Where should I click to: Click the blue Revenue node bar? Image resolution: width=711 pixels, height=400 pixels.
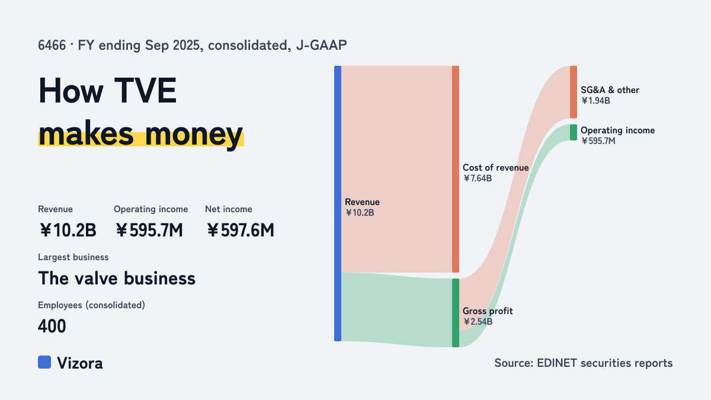pyautogui.click(x=338, y=203)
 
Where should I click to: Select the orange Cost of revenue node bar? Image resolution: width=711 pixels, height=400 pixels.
pyautogui.click(x=456, y=169)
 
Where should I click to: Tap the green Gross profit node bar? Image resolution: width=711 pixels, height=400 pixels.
pyautogui.click(x=456, y=313)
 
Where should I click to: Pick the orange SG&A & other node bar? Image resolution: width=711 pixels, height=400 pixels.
pyautogui.click(x=574, y=92)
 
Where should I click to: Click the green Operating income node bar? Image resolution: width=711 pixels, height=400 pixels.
pyautogui.click(x=574, y=132)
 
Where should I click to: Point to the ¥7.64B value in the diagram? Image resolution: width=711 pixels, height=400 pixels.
pyautogui.click(x=478, y=178)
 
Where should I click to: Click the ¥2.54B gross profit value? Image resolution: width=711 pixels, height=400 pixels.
pyautogui.click(x=478, y=322)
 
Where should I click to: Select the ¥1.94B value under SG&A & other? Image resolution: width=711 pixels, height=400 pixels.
pyautogui.click(x=595, y=101)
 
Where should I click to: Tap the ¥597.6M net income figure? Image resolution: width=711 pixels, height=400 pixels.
pyautogui.click(x=241, y=230)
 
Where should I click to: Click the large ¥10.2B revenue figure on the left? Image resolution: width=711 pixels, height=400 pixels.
pyautogui.click(x=68, y=230)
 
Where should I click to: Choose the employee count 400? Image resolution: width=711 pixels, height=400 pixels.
pyautogui.click(x=52, y=326)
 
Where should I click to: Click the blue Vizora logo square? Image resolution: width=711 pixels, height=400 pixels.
pyautogui.click(x=44, y=362)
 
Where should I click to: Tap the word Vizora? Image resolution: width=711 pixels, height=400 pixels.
pyautogui.click(x=80, y=363)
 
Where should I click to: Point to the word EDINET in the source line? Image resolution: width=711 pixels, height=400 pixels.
pyautogui.click(x=556, y=363)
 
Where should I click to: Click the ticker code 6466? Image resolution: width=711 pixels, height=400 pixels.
pyautogui.click(x=52, y=45)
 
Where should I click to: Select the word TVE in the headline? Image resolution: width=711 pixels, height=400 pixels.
pyautogui.click(x=145, y=91)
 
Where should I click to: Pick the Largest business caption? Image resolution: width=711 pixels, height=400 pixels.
pyautogui.click(x=73, y=257)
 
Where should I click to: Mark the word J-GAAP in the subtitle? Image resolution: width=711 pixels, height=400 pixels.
pyautogui.click(x=321, y=45)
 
